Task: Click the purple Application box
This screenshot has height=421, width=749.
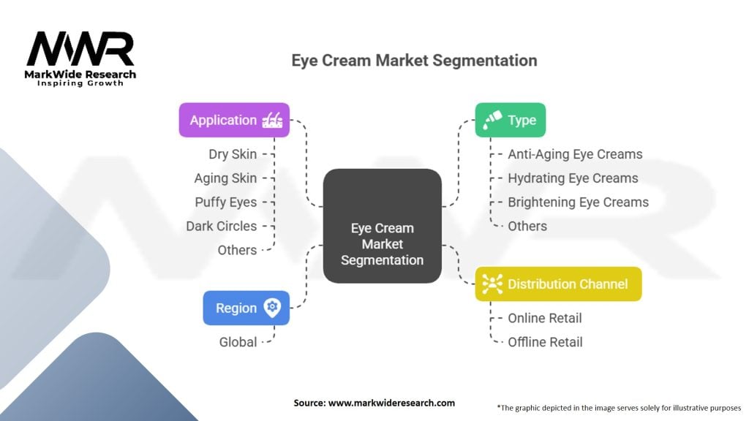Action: pos(234,120)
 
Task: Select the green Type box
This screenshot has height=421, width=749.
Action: pos(510,120)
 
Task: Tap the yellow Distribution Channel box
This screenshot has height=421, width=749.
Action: pos(558,284)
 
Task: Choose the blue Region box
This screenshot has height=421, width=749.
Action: pos(246,308)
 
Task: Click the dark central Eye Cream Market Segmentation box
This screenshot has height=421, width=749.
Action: pos(382,226)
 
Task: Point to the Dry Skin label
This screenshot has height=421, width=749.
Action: pos(233,154)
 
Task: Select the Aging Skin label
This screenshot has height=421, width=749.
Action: pos(225,178)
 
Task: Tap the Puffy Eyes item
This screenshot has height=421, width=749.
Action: pos(226,202)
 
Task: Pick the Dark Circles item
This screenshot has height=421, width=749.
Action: pos(222,226)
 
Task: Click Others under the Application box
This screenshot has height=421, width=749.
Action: pos(237,250)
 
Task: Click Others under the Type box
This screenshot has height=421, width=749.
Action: pos(527,226)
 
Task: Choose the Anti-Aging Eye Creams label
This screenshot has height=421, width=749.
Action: pos(575,154)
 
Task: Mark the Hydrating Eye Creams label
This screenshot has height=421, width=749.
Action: pos(573,178)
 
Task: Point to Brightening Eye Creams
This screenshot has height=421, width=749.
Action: pos(578,202)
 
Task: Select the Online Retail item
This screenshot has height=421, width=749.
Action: pos(544,318)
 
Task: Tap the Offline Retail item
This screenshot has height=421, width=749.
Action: pos(545,342)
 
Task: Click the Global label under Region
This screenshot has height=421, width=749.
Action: pos(238,342)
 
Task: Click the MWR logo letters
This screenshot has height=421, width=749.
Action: pos(80,49)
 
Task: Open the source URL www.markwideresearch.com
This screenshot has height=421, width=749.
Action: pos(391,403)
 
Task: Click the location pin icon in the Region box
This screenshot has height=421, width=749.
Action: pos(272,308)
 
